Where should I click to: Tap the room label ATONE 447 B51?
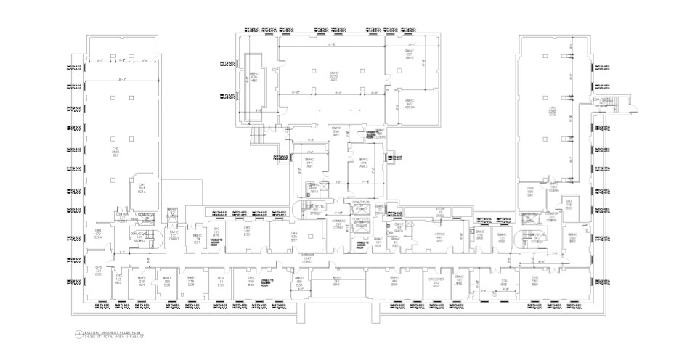pyautogui.click(x=439, y=237)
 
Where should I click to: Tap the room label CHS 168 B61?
pyautogui.click(x=531, y=192)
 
